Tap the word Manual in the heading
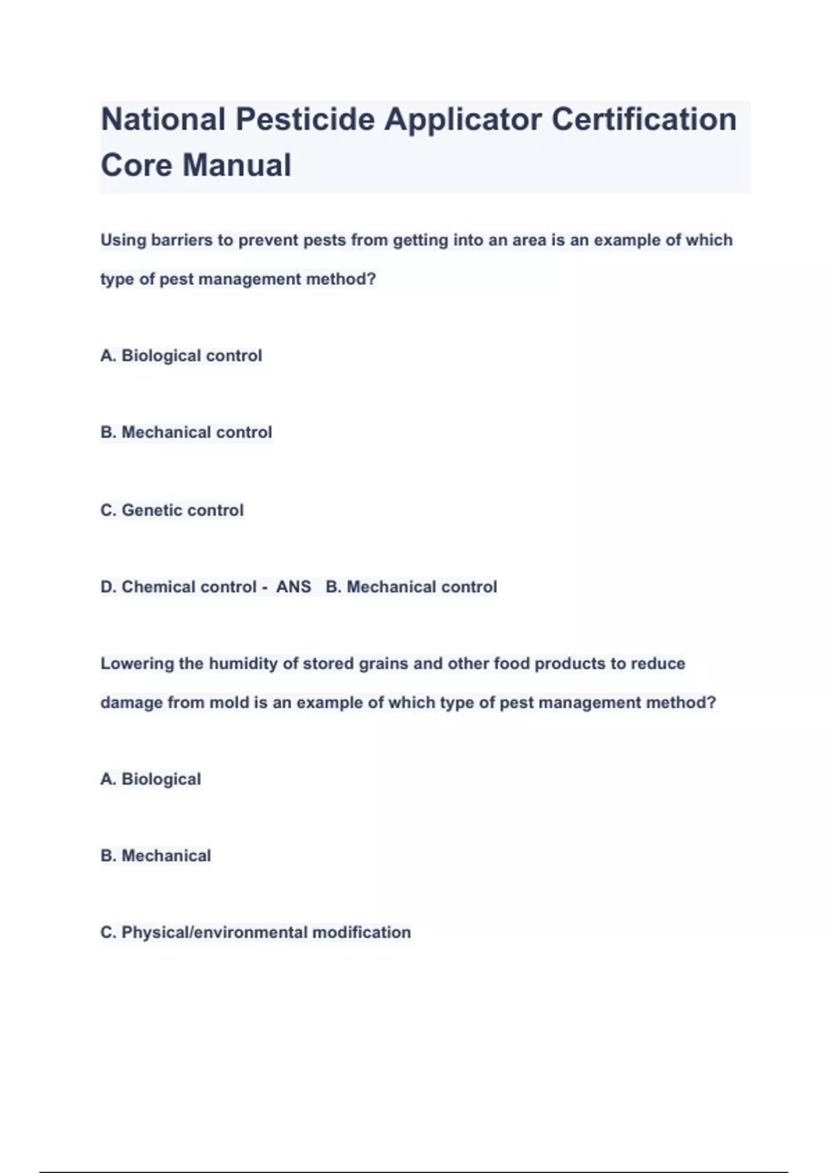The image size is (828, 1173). tap(237, 166)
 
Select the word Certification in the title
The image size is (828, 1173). tap(644, 119)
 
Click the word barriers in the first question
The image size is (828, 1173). tap(181, 240)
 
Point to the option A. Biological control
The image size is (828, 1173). tap(181, 355)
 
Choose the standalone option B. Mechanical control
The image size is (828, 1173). tap(186, 432)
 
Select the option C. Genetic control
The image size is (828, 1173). tap(172, 510)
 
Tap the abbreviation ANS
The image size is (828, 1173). tap(293, 586)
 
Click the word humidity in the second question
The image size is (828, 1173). tap(243, 664)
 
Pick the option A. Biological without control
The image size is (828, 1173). tap(151, 779)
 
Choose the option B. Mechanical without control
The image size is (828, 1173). tap(156, 856)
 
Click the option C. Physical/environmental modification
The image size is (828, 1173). tap(255, 932)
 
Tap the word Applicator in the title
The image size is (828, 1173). tap(463, 119)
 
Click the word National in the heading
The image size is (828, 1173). tap(164, 119)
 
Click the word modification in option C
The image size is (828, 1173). tap(362, 932)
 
